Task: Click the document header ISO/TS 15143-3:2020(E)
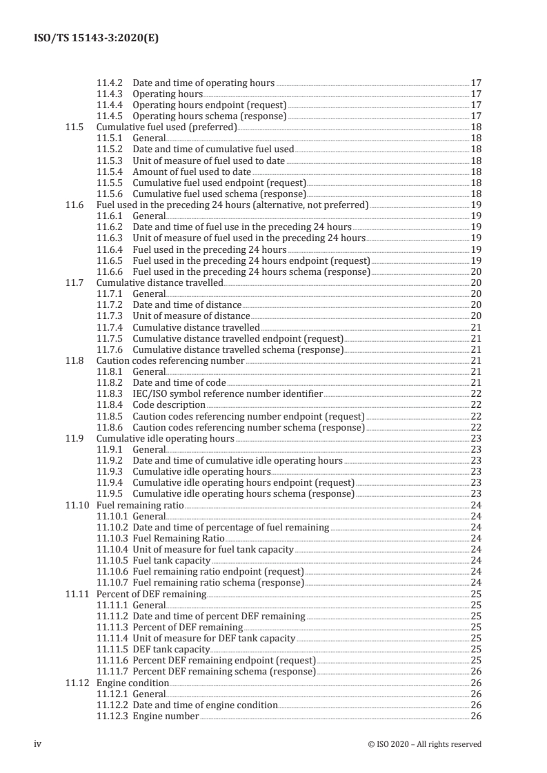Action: [x=96, y=39]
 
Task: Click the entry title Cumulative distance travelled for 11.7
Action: [x=159, y=282]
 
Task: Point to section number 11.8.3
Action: [x=111, y=393]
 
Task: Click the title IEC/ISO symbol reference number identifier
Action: [x=228, y=393]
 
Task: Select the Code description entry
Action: [x=169, y=404]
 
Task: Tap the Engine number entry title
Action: [x=166, y=717]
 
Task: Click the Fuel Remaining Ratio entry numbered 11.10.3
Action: [x=179, y=538]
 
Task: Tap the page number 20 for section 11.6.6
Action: [x=475, y=271]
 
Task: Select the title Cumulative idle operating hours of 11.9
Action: [x=166, y=438]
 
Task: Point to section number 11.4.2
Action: [x=111, y=83]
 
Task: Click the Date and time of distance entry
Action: [x=187, y=305]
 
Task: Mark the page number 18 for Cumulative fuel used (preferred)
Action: [x=475, y=127]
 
